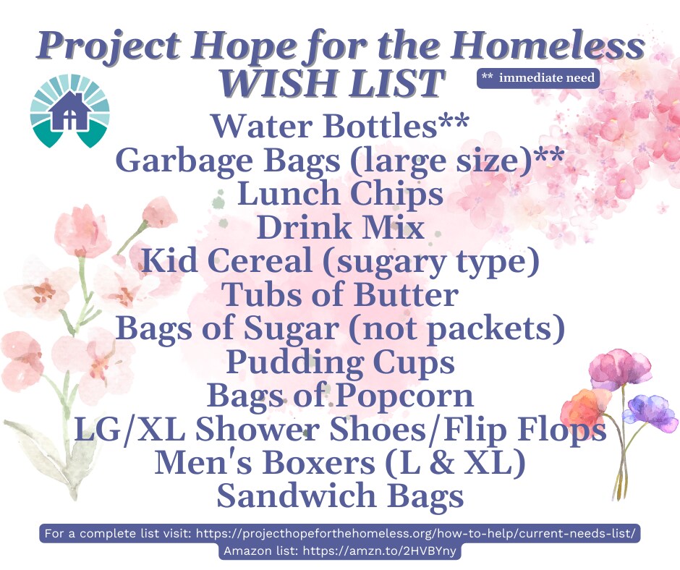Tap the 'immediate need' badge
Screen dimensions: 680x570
(538, 78)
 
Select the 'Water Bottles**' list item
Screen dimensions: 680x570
(341, 126)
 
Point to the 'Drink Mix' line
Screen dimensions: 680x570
(341, 227)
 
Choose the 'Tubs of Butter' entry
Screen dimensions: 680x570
(340, 294)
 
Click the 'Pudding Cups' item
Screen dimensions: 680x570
(341, 362)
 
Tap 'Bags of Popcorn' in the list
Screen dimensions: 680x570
(340, 396)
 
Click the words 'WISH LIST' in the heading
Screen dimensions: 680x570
(331, 82)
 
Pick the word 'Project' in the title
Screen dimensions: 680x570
(109, 47)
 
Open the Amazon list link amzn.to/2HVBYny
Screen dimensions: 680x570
(380, 551)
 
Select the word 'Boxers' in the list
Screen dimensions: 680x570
(319, 462)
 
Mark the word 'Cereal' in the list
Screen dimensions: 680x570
(260, 260)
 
